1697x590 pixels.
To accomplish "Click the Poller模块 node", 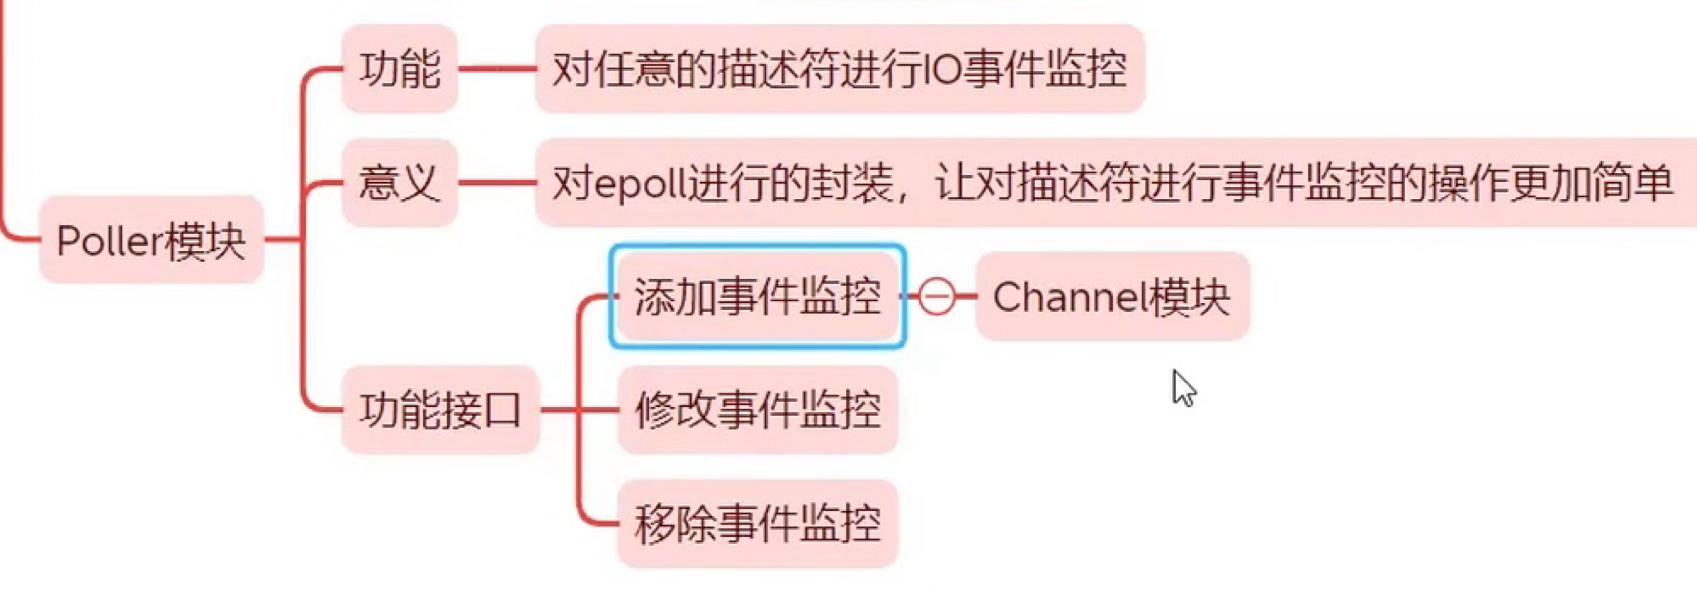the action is point(152,241).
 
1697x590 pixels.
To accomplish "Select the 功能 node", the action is point(400,69).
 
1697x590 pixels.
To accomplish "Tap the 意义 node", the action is point(400,183).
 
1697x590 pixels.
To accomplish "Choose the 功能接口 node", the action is point(440,410).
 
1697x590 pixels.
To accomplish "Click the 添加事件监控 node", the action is point(758,296).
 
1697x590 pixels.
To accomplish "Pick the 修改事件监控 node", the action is point(758,410).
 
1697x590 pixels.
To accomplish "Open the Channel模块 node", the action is point(1112,296).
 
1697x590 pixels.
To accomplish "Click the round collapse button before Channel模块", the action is point(936,296).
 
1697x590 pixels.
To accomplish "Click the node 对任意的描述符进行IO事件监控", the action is point(839,69).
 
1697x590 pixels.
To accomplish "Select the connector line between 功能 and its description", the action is point(497,68).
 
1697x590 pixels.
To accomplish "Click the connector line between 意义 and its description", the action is point(497,182).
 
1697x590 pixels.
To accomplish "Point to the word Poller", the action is point(109,241).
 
